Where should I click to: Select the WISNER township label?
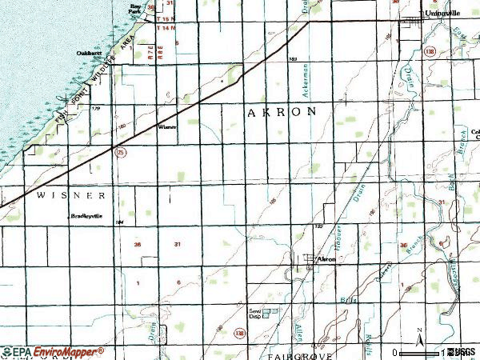pos(70,195)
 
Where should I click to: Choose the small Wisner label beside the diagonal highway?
pos(167,126)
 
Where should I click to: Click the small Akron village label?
pos(326,260)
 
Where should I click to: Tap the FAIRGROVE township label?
pos(287,353)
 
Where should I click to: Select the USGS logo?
pos(462,352)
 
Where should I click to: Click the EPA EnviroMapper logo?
pos(53,351)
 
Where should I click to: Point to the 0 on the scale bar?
pos(394,352)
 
